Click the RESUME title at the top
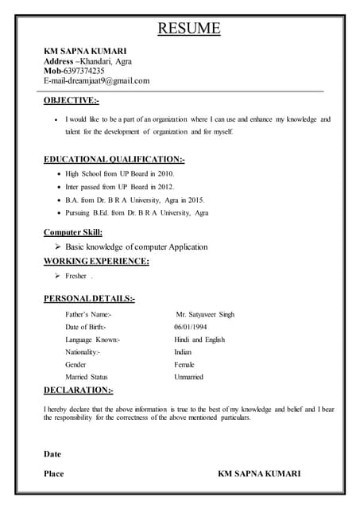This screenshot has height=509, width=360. [x=188, y=29]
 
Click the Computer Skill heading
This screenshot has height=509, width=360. [x=72, y=232]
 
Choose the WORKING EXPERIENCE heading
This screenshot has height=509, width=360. [x=95, y=261]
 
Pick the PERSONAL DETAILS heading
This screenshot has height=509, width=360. [x=88, y=299]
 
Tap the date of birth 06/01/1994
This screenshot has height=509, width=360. [x=192, y=327]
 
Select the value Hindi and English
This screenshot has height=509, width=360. [x=199, y=340]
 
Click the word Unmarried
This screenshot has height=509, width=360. [x=189, y=377]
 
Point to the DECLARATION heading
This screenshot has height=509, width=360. [x=78, y=390]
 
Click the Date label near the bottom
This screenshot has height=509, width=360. [x=52, y=454]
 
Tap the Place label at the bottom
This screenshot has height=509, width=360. [x=53, y=474]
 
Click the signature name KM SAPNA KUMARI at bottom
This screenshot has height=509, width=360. [x=259, y=474]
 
